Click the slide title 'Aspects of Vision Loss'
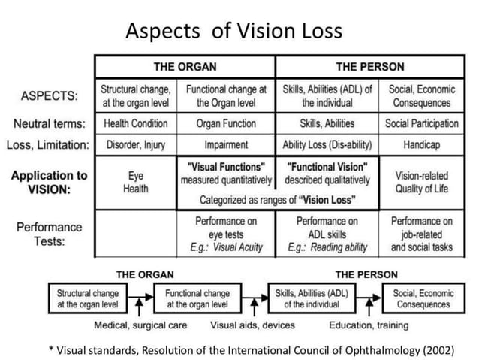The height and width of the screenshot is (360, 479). [x=233, y=31]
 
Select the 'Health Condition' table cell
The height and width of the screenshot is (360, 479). [x=135, y=123]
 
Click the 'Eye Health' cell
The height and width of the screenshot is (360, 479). [x=135, y=181]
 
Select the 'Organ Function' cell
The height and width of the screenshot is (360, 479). [x=226, y=123]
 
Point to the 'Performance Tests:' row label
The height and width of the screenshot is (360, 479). [x=47, y=233]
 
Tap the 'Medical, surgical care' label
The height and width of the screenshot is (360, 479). [x=140, y=325]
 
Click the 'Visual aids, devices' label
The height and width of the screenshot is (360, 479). [x=252, y=325]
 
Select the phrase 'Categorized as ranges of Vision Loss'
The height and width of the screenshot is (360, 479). [x=277, y=200]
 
